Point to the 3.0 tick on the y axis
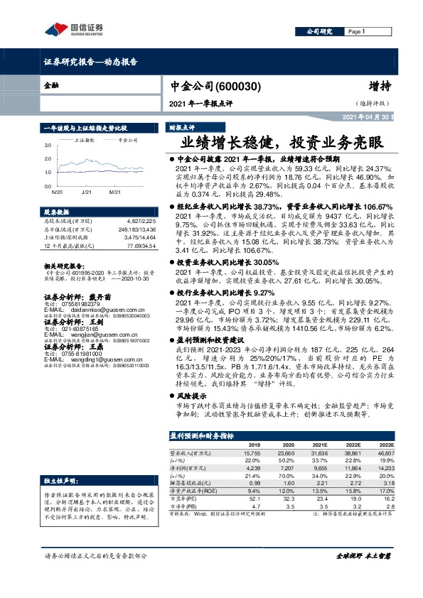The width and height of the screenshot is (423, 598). point(46,146)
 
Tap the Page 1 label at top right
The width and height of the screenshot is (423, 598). point(355,32)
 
